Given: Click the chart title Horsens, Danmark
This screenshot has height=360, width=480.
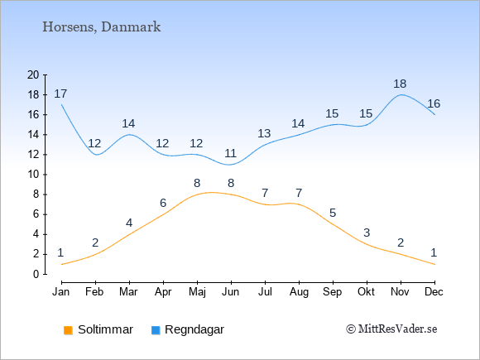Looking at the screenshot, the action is pos(101,27).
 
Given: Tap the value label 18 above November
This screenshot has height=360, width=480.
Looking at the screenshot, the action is pos(400,84).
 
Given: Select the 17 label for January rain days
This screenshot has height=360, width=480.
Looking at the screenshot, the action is pos(60,94).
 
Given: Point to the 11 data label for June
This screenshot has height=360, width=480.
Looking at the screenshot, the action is pos(230,153).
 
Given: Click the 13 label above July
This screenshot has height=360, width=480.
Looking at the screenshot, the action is pos(264,133).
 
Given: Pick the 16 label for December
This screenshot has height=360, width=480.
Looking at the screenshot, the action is pos(434,103).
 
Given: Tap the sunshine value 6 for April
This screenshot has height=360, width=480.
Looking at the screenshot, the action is pos(163,203).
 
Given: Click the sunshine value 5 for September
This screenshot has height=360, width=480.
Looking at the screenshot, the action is pos(333,213).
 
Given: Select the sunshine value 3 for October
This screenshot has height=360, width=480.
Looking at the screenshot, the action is pos(367,233).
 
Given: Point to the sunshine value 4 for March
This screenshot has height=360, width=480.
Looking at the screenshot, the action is pos(129,223).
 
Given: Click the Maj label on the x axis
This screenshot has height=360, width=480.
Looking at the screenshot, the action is pos(197,292).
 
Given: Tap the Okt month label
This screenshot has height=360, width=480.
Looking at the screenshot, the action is pos(366,292).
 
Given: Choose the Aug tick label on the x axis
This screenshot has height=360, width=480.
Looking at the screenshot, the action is pos(299,292).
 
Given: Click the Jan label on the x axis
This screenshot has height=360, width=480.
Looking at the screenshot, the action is pos(61,292).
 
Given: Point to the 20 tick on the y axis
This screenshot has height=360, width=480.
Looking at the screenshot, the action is pos(33,74).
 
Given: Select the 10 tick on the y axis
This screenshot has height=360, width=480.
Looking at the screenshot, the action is pos(33,175).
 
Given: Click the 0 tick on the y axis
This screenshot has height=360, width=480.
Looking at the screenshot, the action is pos(36,274).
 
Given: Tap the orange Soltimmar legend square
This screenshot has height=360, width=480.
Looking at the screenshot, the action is pos(68,330).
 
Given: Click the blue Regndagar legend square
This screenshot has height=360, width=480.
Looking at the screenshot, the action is pos(156,330).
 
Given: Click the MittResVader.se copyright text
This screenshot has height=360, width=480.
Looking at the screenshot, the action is pos(391,329).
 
